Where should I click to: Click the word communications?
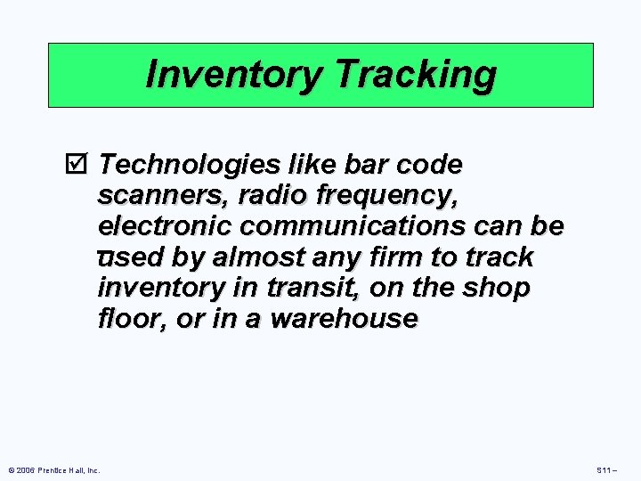point(320,226)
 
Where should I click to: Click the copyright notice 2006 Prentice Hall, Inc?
point(54,469)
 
